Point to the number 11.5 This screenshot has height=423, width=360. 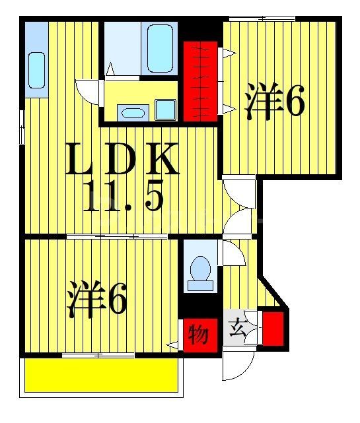(123, 195)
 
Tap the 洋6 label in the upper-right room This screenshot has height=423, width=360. (273, 102)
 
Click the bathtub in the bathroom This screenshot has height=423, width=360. (160, 48)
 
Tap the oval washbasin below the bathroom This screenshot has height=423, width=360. (133, 112)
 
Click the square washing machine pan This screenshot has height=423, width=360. (165, 110)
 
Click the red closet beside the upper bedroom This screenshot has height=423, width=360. (200, 80)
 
